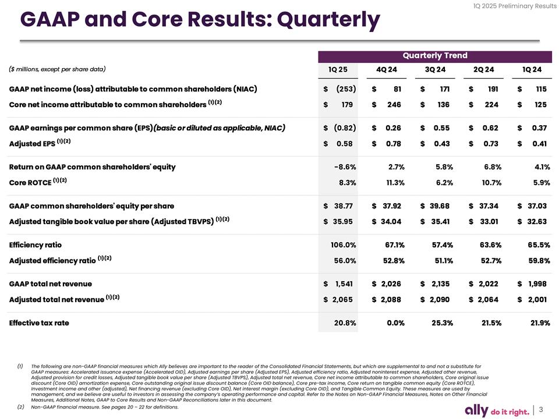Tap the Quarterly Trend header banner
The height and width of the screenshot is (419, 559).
(x=435, y=55)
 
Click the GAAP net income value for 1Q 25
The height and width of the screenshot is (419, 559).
(x=340, y=90)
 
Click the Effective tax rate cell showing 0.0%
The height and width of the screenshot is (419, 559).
(x=394, y=323)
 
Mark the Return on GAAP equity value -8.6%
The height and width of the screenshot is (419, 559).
(x=343, y=167)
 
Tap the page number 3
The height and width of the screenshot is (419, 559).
(x=541, y=410)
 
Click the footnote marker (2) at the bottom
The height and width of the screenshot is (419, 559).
(x=20, y=407)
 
